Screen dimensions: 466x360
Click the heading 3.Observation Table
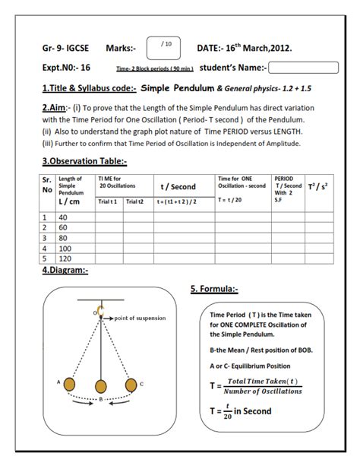(x=84, y=161)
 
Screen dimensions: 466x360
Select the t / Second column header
(x=178, y=186)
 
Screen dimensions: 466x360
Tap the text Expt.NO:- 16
(x=67, y=68)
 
